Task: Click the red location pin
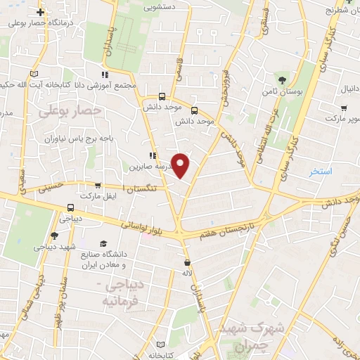coord(181,165)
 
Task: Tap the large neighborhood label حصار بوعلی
coord(70,110)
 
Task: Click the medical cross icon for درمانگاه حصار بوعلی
coord(41,12)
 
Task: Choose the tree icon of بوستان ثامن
coord(283,79)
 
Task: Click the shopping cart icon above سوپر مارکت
coord(343,108)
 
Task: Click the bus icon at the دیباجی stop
coord(70,208)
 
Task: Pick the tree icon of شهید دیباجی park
coord(55,236)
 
